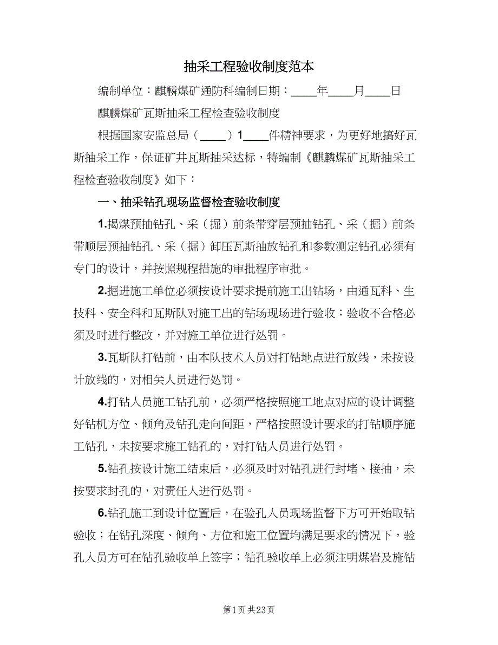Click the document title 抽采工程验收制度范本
pyautogui.click(x=248, y=67)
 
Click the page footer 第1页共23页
pyautogui.click(x=248, y=610)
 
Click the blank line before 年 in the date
pyautogui.click(x=304, y=92)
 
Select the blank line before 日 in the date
pyautogui.click(x=377, y=92)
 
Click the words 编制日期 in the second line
pyautogui.click(x=258, y=91)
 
